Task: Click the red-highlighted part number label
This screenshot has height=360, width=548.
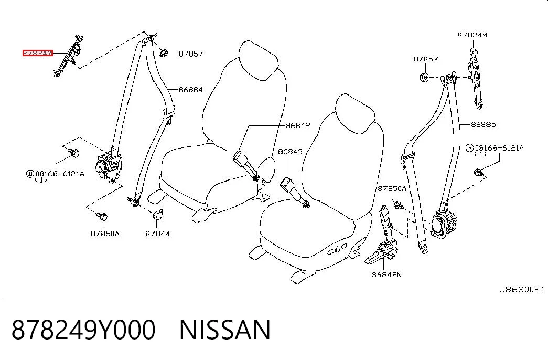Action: [38, 53]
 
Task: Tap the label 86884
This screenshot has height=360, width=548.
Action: [190, 90]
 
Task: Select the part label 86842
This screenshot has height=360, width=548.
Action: [298, 125]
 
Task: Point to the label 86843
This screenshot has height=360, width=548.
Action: [290, 152]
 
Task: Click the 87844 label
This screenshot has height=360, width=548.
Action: [158, 234]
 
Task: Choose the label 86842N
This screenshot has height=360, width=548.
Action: [386, 274]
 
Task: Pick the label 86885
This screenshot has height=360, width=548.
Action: [483, 124]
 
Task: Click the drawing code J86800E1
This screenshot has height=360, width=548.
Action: [521, 289]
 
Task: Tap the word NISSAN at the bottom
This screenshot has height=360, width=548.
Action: [225, 330]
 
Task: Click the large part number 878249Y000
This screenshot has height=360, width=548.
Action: [83, 330]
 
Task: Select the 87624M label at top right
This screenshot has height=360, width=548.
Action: [472, 35]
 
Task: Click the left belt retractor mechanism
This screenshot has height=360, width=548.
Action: [109, 166]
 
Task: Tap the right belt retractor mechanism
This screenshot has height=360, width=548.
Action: [443, 224]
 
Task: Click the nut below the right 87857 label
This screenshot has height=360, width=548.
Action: [424, 77]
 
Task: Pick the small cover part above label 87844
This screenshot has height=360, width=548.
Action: [158, 214]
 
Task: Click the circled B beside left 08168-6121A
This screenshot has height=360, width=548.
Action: [30, 174]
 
